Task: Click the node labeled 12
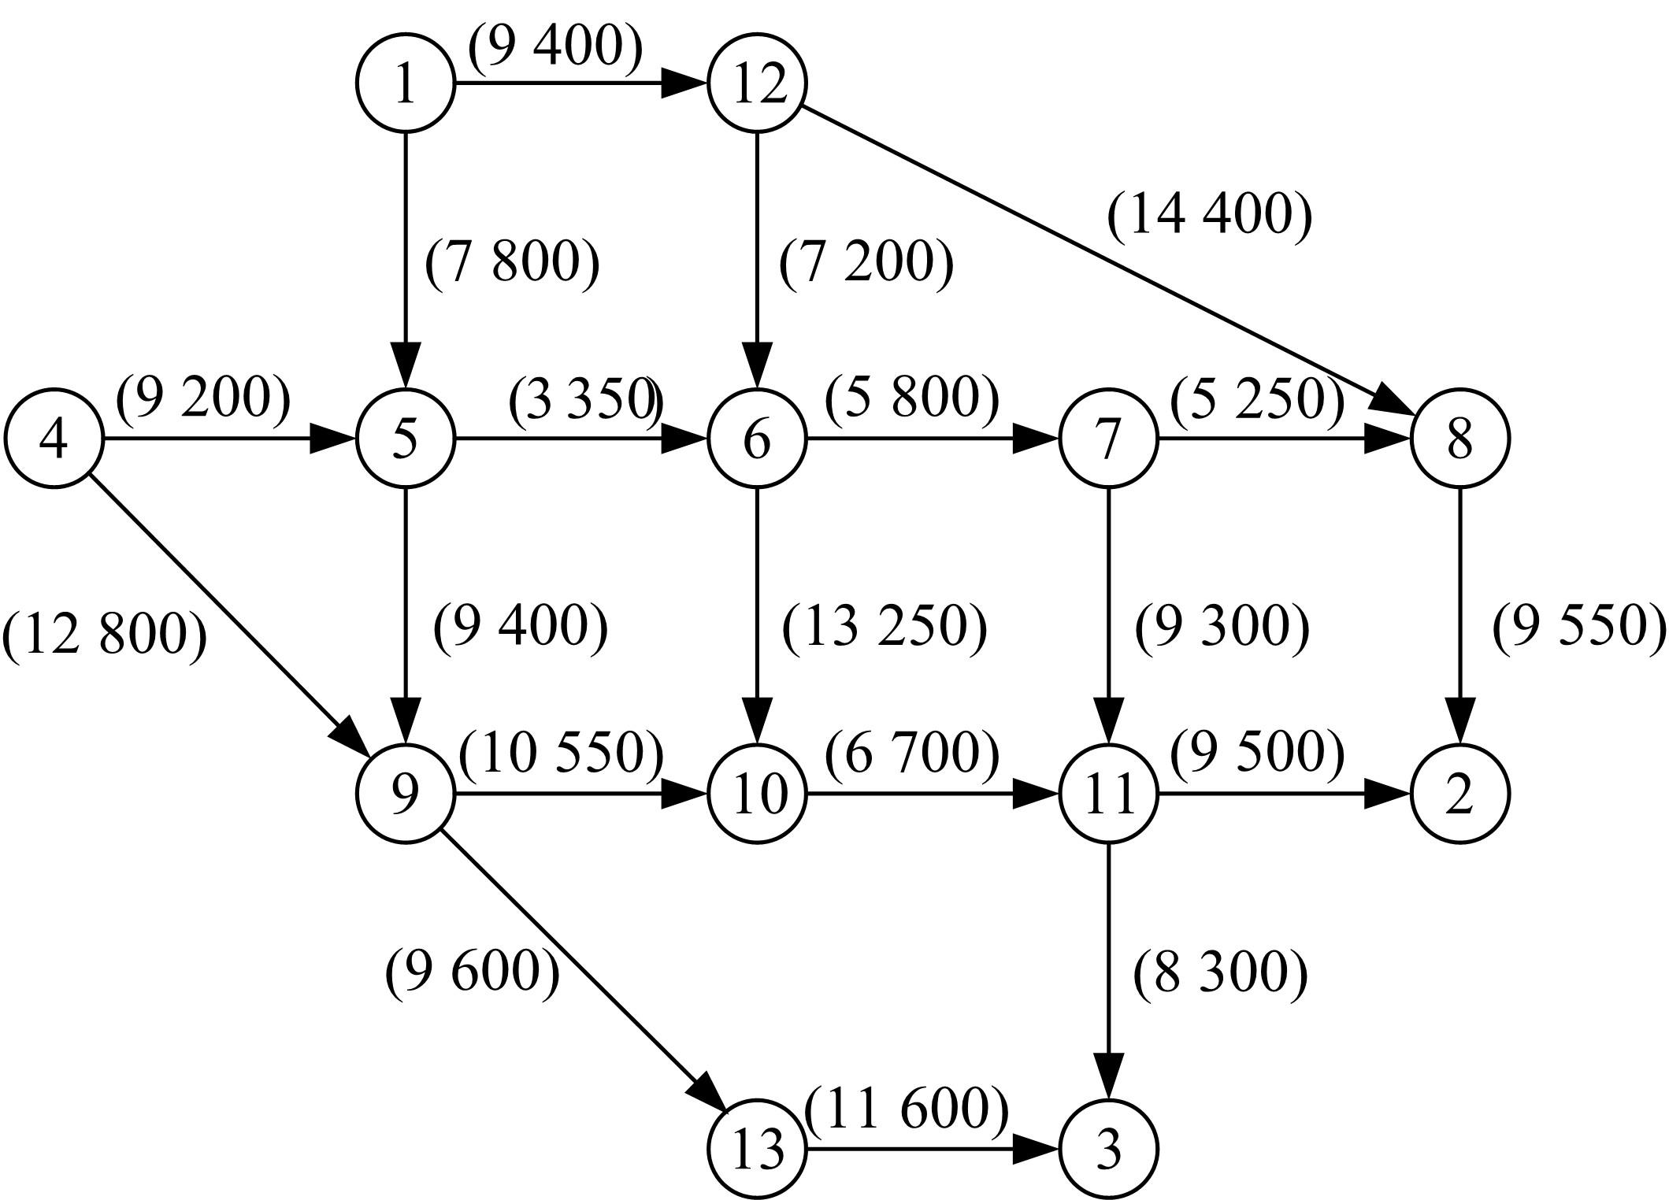click(x=757, y=83)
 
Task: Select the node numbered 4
click(x=54, y=439)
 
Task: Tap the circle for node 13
click(x=757, y=1149)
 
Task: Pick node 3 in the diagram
click(x=1109, y=1149)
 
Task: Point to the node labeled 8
click(x=1460, y=439)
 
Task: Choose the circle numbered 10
click(x=757, y=794)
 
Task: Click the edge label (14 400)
click(x=1210, y=215)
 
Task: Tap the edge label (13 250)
click(x=884, y=628)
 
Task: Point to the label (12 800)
click(x=105, y=635)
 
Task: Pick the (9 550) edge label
click(x=1579, y=628)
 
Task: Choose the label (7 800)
click(x=512, y=262)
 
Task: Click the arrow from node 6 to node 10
click(x=757, y=616)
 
